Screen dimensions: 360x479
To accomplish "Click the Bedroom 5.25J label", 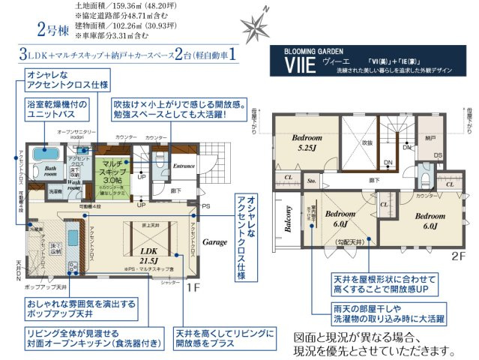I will [307, 143].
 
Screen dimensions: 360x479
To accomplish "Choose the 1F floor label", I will [190, 286].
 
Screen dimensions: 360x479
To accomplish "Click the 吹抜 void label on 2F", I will [367, 142].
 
